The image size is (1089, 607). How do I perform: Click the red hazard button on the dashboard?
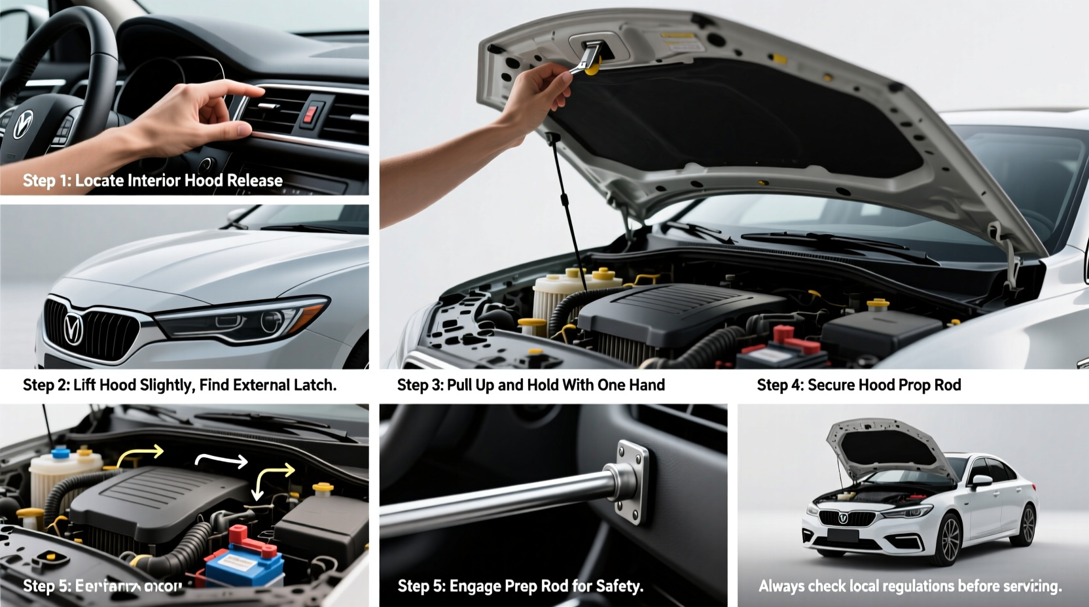(312, 114)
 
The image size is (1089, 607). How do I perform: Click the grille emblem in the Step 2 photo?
(72, 327)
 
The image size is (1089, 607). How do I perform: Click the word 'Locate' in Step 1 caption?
(99, 181)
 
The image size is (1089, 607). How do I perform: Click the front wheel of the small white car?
(950, 540)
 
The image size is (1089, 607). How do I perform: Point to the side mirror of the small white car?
(982, 482)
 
